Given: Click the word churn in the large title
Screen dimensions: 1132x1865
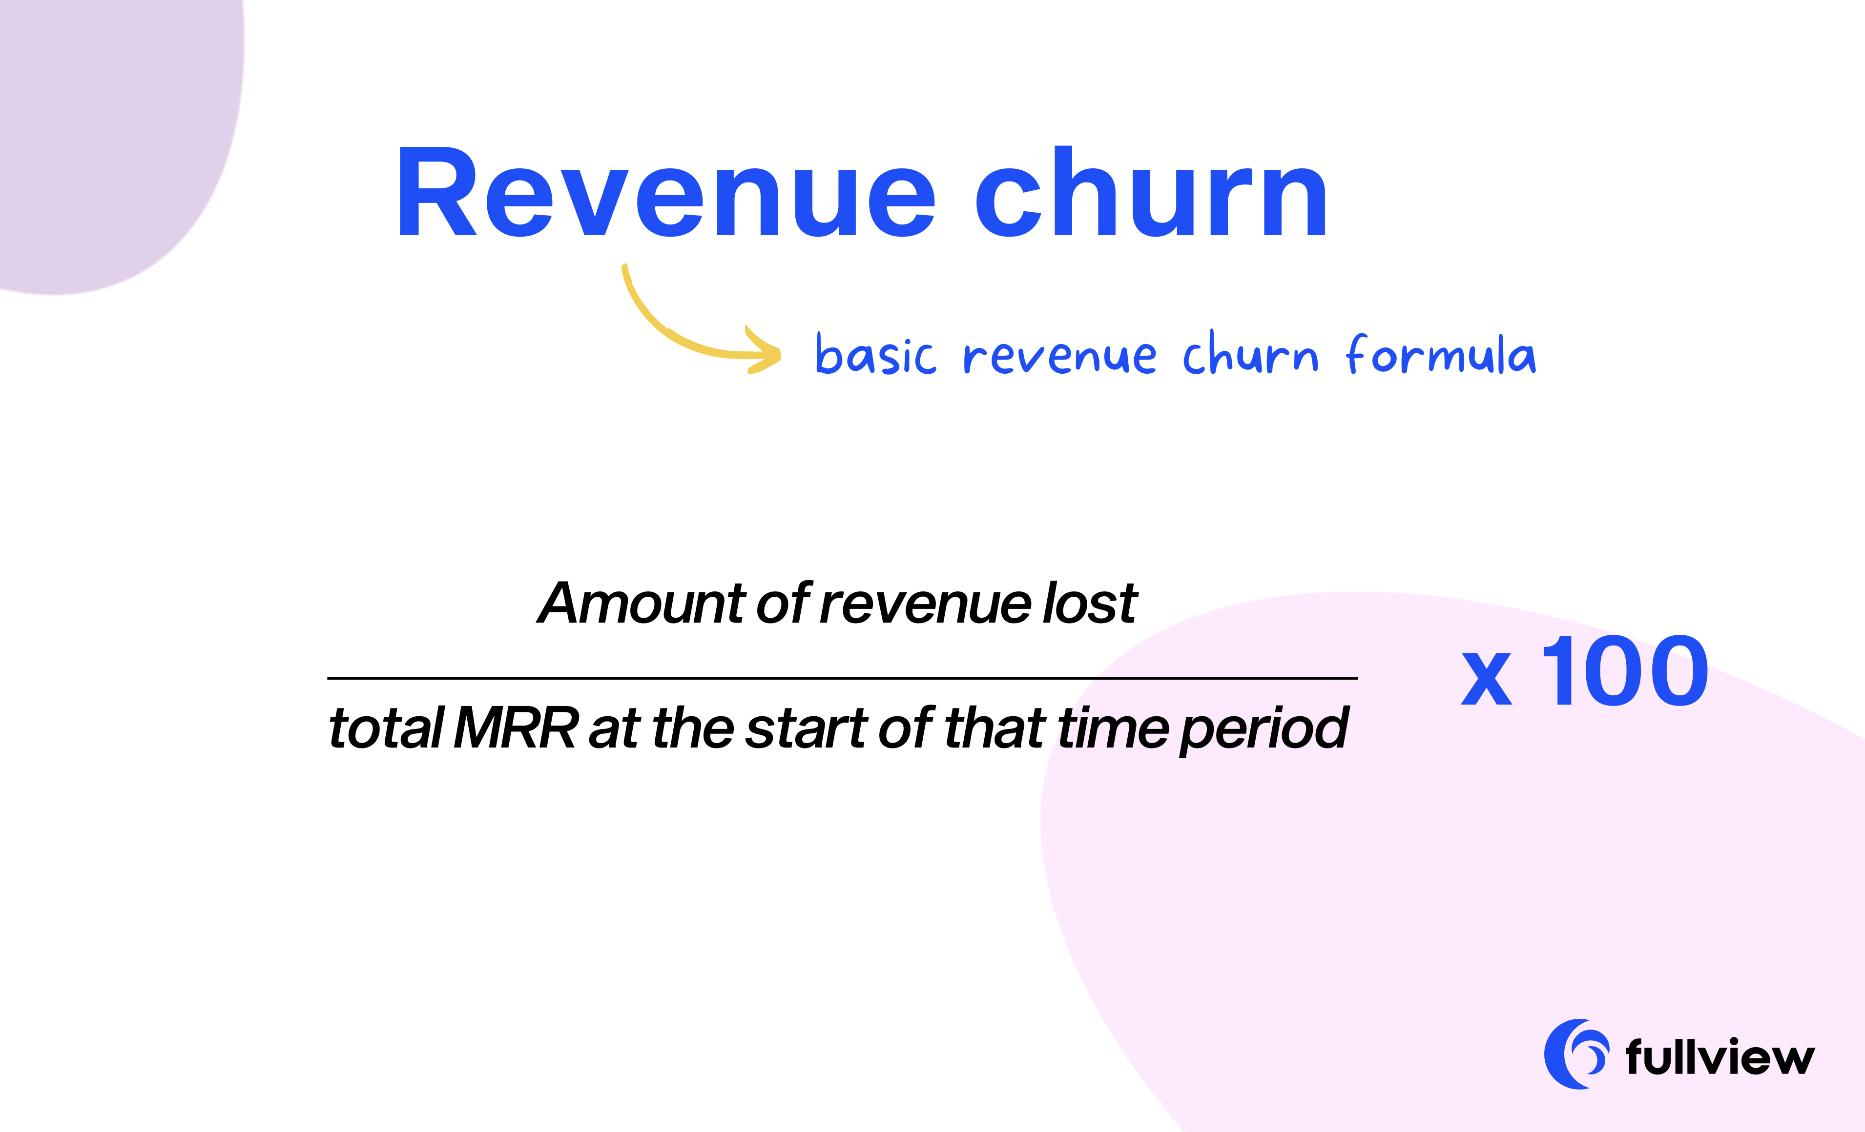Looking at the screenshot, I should tap(1150, 193).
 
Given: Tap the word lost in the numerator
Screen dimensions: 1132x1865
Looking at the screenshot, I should tap(1090, 604).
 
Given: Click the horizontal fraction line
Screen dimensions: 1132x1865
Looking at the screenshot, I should tap(842, 678).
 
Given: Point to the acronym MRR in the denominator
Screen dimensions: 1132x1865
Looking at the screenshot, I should tap(516, 728).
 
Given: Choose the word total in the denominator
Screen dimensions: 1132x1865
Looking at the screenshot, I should tap(386, 728).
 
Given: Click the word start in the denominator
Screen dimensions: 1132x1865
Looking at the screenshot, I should tap(806, 728).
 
